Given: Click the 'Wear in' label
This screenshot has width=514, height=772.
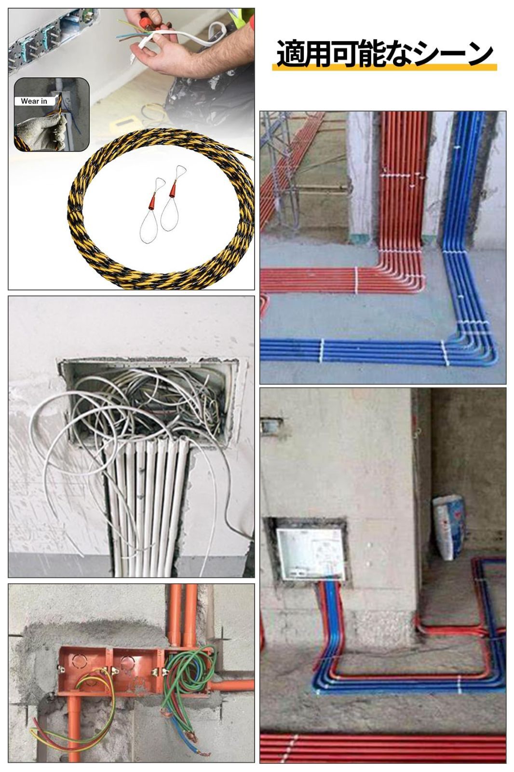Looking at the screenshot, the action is click(34, 101).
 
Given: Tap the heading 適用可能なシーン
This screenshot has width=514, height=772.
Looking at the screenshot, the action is click(385, 54).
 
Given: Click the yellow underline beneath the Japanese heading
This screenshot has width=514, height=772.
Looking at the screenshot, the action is click(384, 68).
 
